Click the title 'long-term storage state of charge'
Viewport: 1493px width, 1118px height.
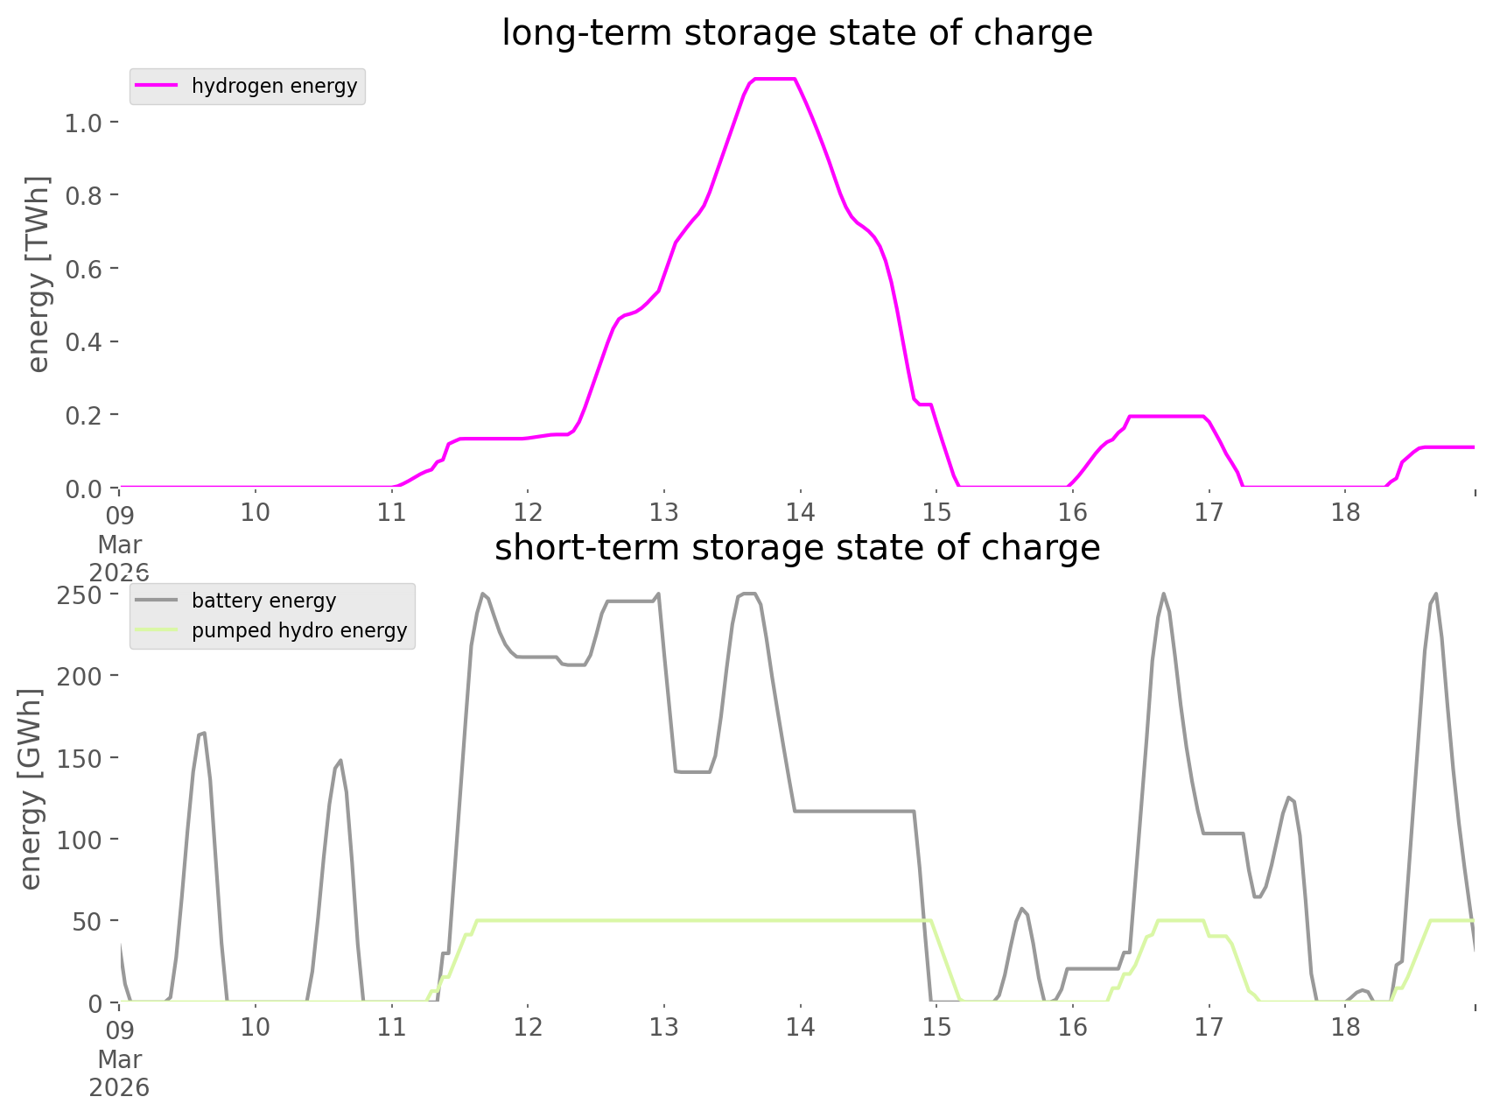796,33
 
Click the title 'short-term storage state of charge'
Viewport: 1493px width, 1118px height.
796,548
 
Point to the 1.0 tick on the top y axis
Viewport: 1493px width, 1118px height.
83,123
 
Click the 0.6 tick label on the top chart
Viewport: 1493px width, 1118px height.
83,269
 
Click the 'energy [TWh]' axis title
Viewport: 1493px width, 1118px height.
38,274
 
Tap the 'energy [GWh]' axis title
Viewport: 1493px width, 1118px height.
31,789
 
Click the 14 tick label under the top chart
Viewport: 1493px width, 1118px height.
800,512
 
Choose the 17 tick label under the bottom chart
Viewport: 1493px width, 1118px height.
1209,1027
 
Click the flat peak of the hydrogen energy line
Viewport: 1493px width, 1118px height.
775,80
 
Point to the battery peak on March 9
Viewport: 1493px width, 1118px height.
202,734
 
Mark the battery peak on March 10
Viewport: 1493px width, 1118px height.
340,761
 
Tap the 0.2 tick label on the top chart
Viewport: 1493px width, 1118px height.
83,415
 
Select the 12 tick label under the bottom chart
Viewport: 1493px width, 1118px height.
528,1027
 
